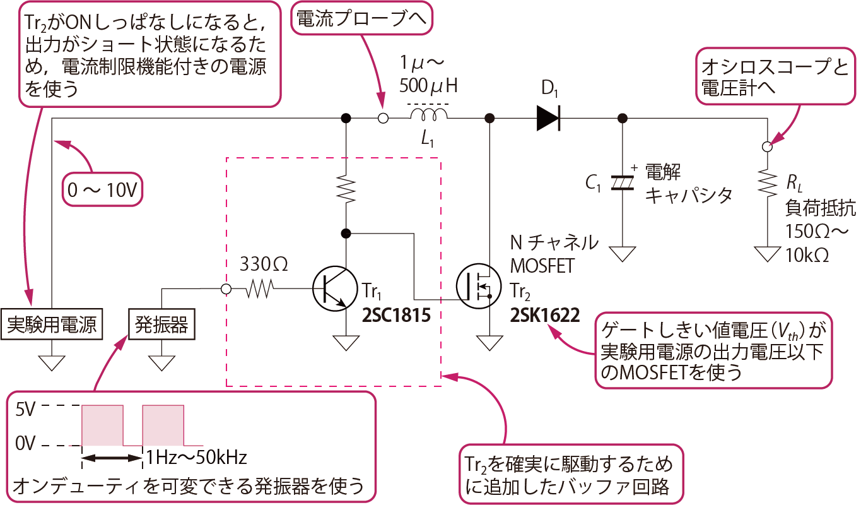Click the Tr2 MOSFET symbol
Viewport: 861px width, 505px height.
pos(477,288)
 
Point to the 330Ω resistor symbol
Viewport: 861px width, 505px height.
pos(259,289)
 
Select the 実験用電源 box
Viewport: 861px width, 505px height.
pos(51,325)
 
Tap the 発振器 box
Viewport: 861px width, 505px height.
pos(161,325)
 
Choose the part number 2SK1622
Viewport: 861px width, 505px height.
pos(545,316)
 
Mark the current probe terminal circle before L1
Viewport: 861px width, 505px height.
pos(382,118)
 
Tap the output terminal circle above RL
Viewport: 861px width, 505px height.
pos(767,146)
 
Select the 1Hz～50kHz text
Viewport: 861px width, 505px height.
pos(196,457)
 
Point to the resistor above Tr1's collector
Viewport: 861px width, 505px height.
pos(346,189)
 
